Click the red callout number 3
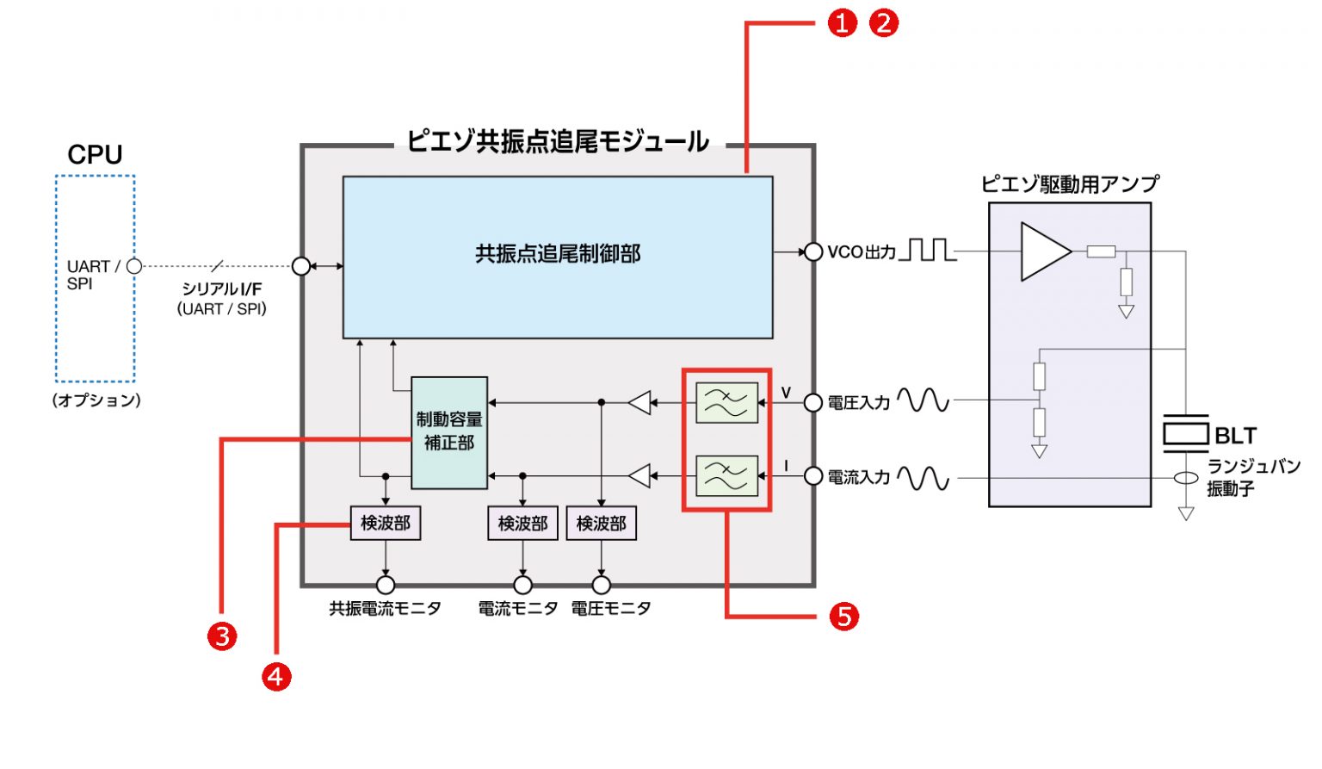click(222, 636)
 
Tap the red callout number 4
click(276, 677)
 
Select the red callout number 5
click(843, 617)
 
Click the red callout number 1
click(843, 23)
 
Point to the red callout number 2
click(883, 23)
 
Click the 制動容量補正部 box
click(449, 432)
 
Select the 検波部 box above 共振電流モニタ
click(385, 523)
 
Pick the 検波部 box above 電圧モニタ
click(601, 523)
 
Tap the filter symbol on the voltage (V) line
click(726, 402)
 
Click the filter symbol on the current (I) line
click(726, 475)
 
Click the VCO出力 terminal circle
click(812, 251)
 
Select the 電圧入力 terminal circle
click(812, 402)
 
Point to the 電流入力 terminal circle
click(812, 475)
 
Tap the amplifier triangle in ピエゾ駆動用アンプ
click(1044, 251)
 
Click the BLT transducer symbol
click(1185, 433)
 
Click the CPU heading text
click(95, 155)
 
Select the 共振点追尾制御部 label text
click(558, 254)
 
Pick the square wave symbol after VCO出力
click(927, 250)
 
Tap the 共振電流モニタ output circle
click(385, 586)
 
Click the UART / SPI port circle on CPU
click(134, 266)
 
